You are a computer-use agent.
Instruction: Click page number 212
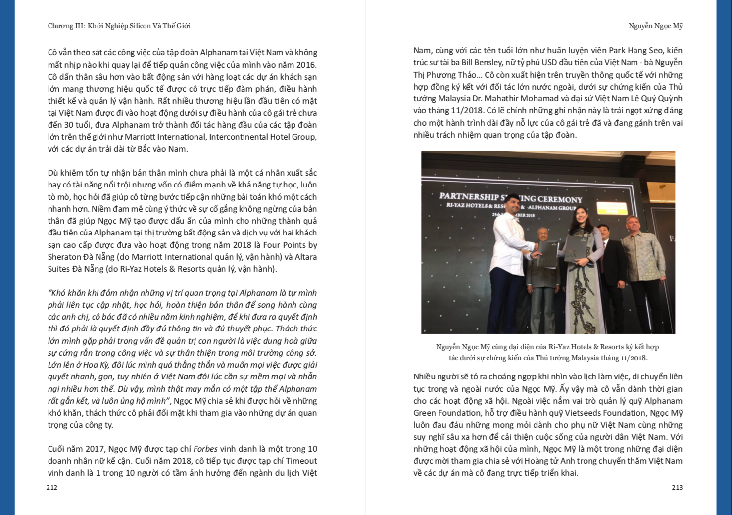[52, 487]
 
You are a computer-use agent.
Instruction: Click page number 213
[677, 487]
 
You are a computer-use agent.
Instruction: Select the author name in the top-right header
[655, 26]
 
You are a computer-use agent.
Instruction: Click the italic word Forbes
[205, 449]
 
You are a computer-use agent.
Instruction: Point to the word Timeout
[300, 461]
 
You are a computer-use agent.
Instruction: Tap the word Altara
[306, 257]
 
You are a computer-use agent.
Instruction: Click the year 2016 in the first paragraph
[306, 65]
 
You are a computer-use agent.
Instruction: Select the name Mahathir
[519, 98]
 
